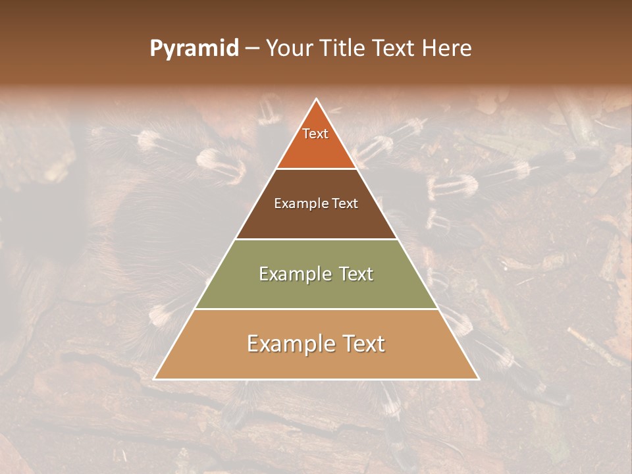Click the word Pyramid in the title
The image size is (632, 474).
point(194,49)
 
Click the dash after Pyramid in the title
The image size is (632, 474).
point(253,49)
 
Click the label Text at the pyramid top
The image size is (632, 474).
point(315,134)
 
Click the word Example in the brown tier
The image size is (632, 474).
point(300,204)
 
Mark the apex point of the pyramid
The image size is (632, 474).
point(317,99)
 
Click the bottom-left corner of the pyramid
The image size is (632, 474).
point(155,379)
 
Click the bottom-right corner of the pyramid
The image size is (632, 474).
point(479,379)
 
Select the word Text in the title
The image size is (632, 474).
point(394,49)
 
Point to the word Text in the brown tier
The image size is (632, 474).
point(344,204)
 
